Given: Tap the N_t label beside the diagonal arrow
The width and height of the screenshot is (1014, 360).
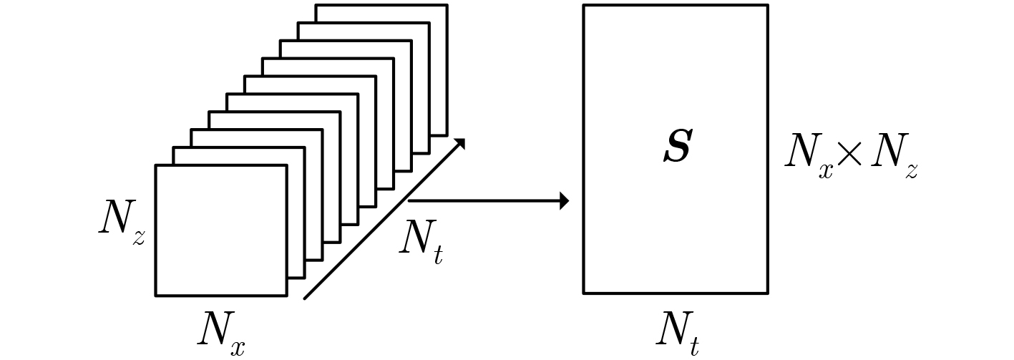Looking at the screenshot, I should pos(420,240).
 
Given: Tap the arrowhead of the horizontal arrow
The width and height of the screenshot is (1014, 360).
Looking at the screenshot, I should pos(564,201).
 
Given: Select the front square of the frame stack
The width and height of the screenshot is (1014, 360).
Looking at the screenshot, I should pos(220,230).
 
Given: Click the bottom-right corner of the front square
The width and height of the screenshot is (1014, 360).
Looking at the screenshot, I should pos(286,294).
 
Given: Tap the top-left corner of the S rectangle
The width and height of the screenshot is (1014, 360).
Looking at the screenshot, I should pos(584,6).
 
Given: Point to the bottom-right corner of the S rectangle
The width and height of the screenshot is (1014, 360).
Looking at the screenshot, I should pos(767,292).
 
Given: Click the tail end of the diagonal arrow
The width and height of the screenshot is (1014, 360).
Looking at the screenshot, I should pos(306,298).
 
